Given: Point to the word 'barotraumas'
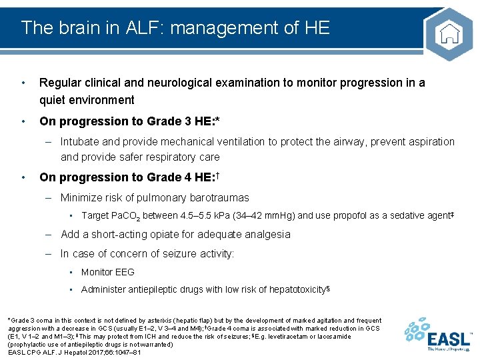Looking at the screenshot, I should pos(219,197).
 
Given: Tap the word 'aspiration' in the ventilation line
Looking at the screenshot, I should pos(429,142).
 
